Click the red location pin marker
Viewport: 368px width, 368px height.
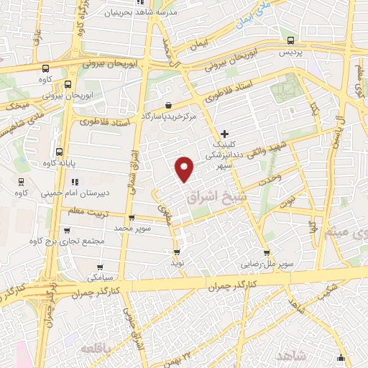185,169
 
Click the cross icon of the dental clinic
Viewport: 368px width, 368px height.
225,134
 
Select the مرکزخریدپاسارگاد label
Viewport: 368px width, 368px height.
168,116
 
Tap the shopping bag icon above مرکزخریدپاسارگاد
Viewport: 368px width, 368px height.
168,104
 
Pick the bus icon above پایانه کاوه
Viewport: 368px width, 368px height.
59,152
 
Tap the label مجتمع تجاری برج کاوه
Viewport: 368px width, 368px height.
75,241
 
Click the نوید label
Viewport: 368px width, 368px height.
176,263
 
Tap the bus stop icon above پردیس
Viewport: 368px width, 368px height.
290,41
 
